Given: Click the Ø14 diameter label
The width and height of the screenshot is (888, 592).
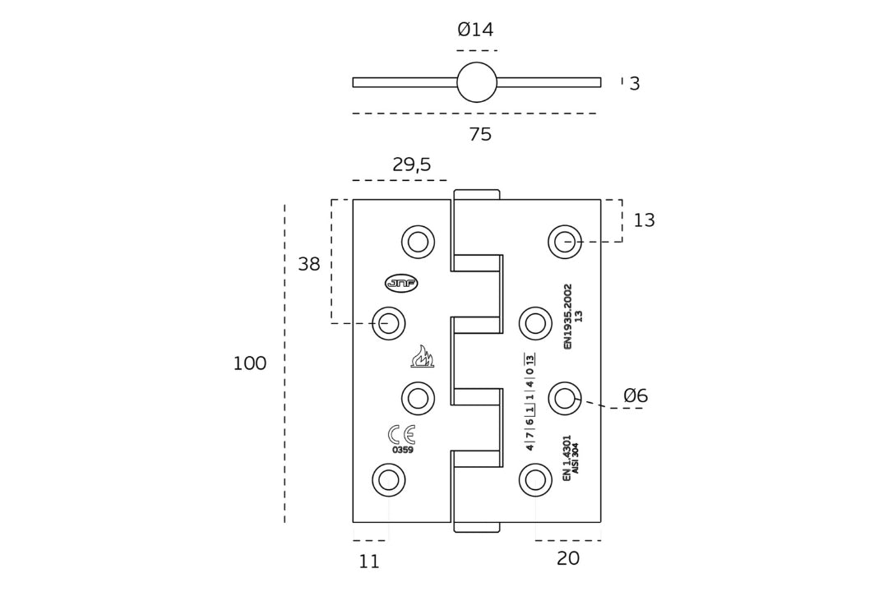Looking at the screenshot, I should tap(475, 30).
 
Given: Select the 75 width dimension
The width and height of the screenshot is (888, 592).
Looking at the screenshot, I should tap(480, 135).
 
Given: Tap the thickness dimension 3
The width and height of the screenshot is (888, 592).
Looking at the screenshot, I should tap(634, 84).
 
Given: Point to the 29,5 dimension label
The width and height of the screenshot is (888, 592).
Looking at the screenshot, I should tap(411, 165).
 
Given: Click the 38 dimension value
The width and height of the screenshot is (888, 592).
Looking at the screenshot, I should tap(308, 265).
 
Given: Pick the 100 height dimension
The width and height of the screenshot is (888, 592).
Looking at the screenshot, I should tap(249, 364).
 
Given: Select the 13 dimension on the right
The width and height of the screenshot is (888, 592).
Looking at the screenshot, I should tap(644, 220).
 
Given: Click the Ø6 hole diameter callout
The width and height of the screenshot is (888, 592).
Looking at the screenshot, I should tap(636, 396).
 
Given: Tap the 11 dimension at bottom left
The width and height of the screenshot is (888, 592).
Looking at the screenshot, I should tap(369, 562).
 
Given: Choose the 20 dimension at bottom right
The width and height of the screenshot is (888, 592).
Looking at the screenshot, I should tap(567, 559).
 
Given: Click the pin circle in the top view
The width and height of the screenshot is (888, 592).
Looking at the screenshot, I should tap(477, 82).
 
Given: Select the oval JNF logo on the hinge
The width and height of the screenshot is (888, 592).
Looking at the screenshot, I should tap(401, 283).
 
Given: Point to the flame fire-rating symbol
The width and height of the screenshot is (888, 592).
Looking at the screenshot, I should tap(422, 357).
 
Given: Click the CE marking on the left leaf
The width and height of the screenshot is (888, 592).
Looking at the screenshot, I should tap(401, 434).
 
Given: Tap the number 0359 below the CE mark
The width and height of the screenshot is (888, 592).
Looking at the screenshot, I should tap(402, 451).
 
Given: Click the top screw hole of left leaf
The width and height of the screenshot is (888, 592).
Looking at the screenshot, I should tap(418, 242).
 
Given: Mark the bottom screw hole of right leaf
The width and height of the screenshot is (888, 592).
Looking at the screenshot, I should tap(535, 480).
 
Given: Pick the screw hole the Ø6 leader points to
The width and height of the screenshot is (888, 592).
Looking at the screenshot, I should tap(565, 399).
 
